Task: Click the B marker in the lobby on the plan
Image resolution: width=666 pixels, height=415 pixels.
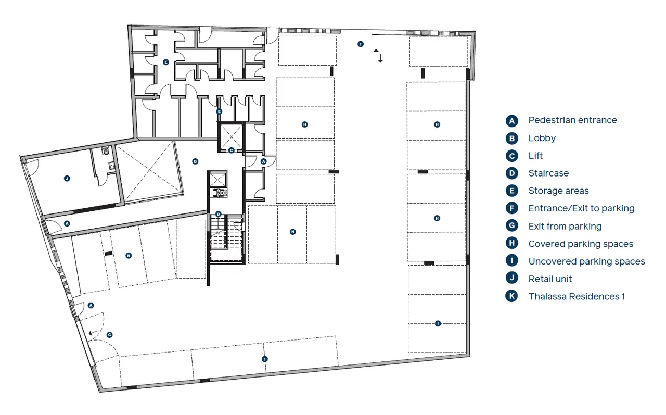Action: (195, 161)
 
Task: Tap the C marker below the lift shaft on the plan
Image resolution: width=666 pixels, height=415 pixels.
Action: (232, 150)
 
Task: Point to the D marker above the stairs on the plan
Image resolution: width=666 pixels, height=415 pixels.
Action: (219, 214)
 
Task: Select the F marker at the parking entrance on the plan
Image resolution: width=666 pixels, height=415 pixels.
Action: (361, 44)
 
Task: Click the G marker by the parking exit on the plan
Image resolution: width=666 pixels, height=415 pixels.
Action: (109, 335)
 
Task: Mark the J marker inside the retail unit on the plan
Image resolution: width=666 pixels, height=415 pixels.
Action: (67, 179)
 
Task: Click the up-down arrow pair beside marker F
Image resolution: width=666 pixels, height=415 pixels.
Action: (378, 56)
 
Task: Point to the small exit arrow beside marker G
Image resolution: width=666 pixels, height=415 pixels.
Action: (93, 333)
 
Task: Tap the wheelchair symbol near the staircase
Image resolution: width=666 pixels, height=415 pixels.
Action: (219, 193)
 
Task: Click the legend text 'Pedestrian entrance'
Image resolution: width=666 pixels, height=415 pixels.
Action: (572, 120)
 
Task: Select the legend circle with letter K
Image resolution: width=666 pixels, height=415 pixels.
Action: (511, 296)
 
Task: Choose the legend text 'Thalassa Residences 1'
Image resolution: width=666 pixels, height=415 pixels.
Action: (577, 297)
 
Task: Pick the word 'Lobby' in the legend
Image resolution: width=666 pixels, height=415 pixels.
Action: (542, 138)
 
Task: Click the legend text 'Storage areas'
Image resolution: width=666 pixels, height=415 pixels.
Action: (558, 191)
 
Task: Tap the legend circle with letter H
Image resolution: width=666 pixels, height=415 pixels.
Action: (511, 243)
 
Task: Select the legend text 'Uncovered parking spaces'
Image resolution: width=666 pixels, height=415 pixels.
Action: (586, 261)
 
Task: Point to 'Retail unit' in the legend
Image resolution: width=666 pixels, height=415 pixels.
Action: (550, 279)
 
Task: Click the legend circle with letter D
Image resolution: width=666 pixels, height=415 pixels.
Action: (511, 173)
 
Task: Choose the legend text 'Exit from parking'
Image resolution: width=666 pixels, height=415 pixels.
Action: (565, 227)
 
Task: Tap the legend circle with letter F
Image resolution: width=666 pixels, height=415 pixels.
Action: (511, 208)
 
